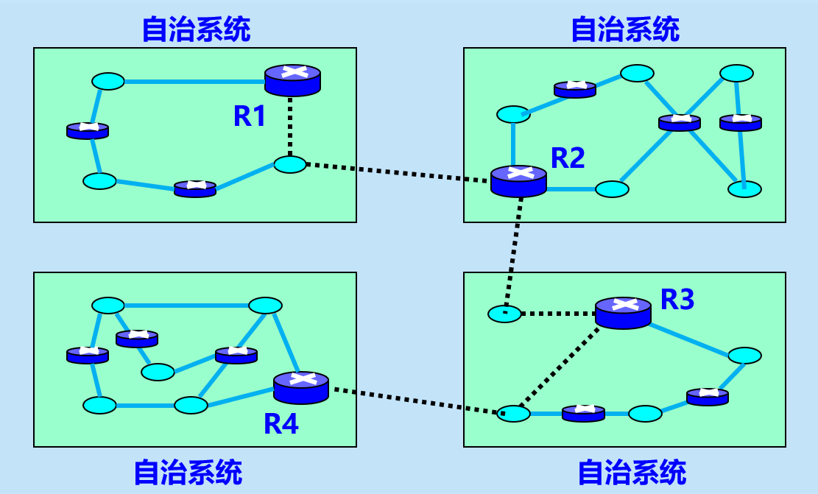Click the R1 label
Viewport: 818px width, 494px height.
click(250, 116)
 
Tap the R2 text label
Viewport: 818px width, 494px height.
click(568, 158)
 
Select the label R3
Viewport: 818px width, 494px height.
click(677, 300)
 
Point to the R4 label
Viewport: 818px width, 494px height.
click(281, 424)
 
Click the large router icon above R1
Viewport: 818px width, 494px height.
click(292, 80)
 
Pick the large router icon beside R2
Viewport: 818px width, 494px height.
click(518, 180)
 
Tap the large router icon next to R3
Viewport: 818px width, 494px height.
click(623, 312)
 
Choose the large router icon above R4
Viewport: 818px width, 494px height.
click(300, 387)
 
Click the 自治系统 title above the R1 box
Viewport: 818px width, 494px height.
click(196, 29)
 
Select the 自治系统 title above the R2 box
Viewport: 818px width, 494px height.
click(625, 29)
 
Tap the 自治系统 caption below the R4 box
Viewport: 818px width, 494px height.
click(188, 472)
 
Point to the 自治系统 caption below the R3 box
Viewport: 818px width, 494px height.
click(632, 472)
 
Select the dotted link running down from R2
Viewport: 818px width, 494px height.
click(513, 250)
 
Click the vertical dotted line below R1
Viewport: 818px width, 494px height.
click(292, 125)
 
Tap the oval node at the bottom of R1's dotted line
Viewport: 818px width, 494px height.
click(290, 164)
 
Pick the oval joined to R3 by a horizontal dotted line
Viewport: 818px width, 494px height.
click(504, 314)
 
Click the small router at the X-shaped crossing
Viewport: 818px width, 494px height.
click(679, 121)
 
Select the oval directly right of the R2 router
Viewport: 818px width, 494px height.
click(612, 189)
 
